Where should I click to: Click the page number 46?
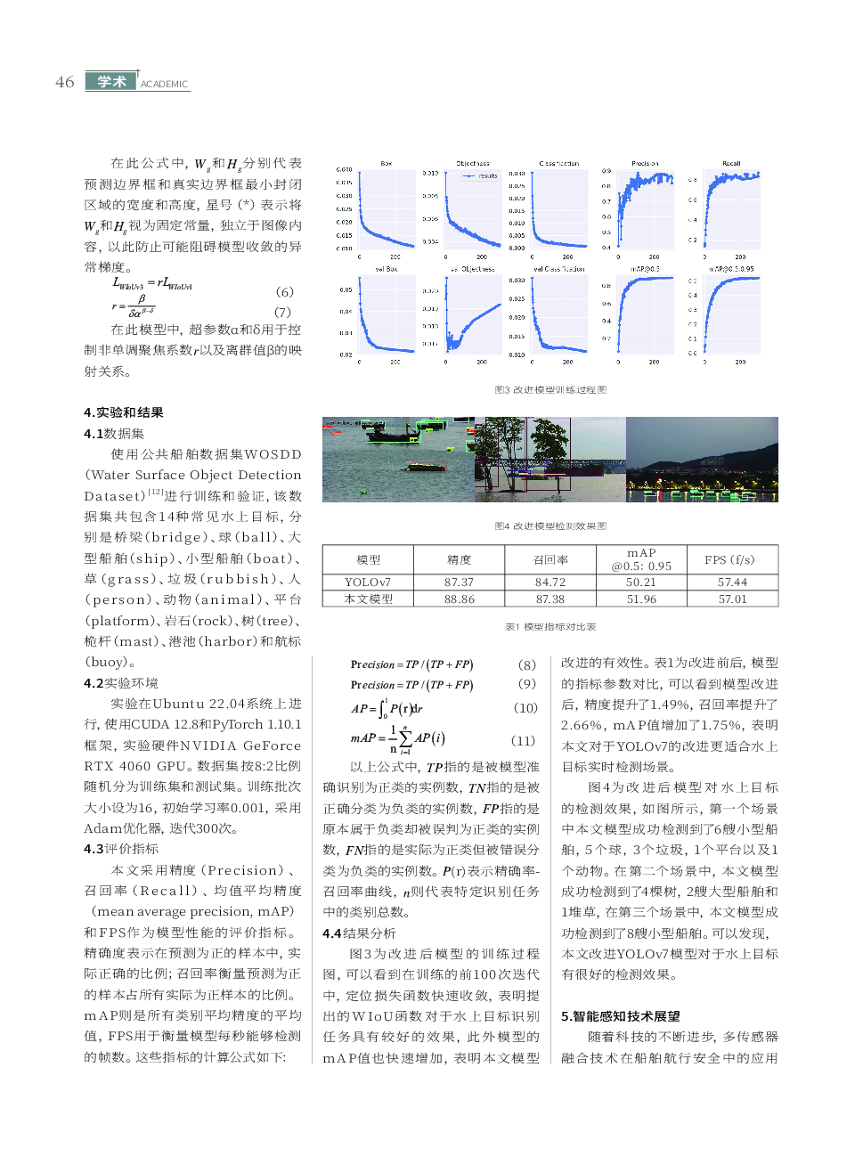(64, 82)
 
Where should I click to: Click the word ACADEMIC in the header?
(164, 85)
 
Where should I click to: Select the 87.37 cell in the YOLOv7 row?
(459, 583)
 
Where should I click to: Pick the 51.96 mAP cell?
(641, 599)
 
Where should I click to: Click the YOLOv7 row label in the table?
(368, 583)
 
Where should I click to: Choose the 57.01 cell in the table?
(733, 599)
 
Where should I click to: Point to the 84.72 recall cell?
(550, 583)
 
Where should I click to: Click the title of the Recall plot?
(731, 164)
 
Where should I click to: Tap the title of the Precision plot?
(645, 164)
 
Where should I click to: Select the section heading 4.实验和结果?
(124, 412)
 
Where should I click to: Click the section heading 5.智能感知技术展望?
(621, 1016)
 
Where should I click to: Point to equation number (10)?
(525, 708)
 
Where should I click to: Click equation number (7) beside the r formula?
(282, 312)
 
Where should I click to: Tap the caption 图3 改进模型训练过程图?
(550, 390)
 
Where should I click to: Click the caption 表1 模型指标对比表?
(550, 627)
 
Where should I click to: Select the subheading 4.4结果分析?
(359, 933)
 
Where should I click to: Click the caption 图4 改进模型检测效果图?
(550, 526)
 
